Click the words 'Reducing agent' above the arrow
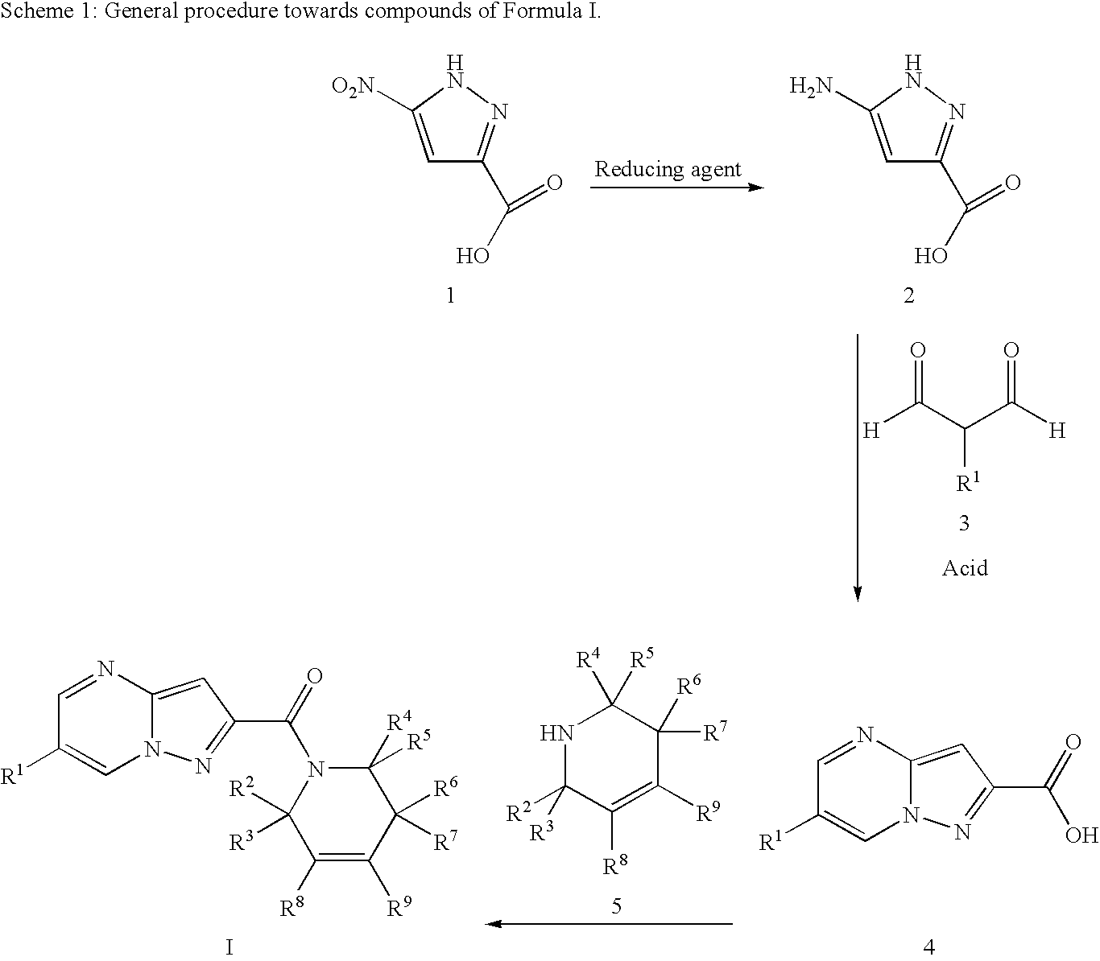(x=668, y=171)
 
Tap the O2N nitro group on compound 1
(x=353, y=86)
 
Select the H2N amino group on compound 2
(x=811, y=86)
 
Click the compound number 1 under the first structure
(x=450, y=295)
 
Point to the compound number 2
(x=908, y=295)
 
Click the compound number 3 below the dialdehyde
(x=964, y=522)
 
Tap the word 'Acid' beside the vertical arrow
(x=965, y=567)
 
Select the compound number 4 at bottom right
(x=929, y=947)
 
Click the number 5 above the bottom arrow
(x=617, y=905)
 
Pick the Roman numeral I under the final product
(x=230, y=947)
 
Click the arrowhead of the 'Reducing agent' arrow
(x=756, y=188)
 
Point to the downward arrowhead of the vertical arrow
(x=858, y=593)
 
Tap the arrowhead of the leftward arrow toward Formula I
(x=493, y=924)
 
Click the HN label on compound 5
(x=557, y=732)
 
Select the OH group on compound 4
(x=1081, y=835)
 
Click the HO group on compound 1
(x=473, y=256)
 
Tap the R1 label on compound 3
(x=968, y=482)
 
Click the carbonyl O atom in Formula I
(x=314, y=676)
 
